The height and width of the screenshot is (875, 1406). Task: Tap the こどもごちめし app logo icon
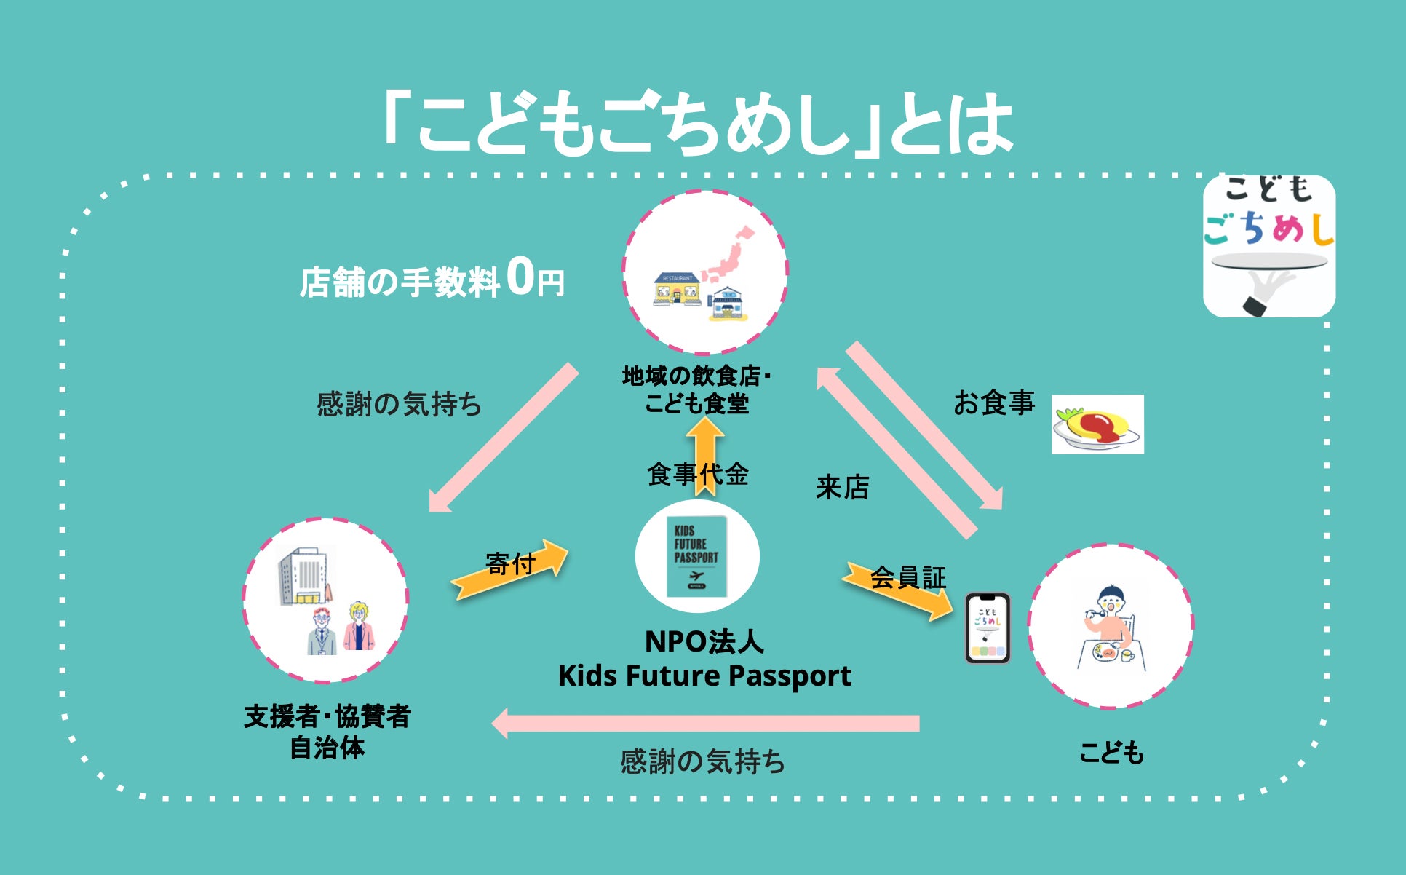point(1268,246)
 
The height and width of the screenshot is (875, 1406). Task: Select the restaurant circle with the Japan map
point(704,272)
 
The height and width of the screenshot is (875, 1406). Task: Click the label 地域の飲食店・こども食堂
point(696,390)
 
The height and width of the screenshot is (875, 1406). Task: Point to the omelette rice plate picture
point(1097,424)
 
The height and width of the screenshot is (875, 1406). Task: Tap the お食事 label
point(993,403)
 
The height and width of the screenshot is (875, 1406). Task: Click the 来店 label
point(842,487)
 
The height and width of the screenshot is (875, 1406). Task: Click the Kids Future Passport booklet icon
point(696,557)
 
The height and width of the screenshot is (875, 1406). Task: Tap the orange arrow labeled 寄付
point(509,569)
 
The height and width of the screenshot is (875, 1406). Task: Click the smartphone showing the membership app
point(987,628)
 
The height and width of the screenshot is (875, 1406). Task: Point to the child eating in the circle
point(1108,627)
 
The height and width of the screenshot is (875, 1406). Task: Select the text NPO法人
point(704,642)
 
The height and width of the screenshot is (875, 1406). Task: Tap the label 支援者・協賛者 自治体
point(327,732)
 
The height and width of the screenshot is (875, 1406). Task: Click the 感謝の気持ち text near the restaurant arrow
point(399,404)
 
